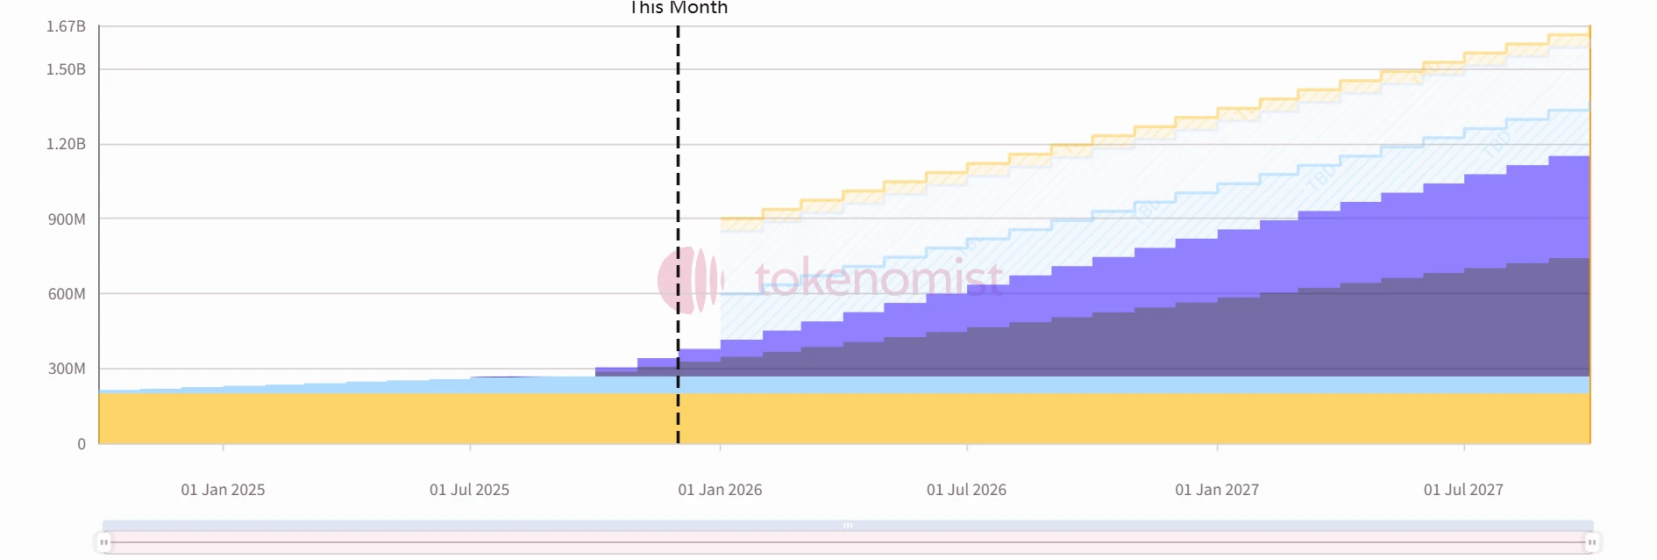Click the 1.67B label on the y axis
(66, 26)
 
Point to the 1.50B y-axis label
(66, 69)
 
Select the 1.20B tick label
(66, 144)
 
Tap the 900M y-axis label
(67, 219)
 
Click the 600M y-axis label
(67, 294)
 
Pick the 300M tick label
(67, 369)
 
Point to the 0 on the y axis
(82, 444)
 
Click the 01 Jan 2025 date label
(223, 490)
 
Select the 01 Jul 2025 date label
(469, 490)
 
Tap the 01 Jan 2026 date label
(720, 490)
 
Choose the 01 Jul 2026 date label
(966, 490)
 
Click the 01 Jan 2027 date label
(1217, 490)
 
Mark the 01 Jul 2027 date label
(1463, 490)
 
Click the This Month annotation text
(679, 8)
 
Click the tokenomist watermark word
(878, 279)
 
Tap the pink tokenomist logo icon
(689, 280)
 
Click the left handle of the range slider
(104, 542)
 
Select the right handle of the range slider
(1591, 542)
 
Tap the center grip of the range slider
(848, 526)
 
